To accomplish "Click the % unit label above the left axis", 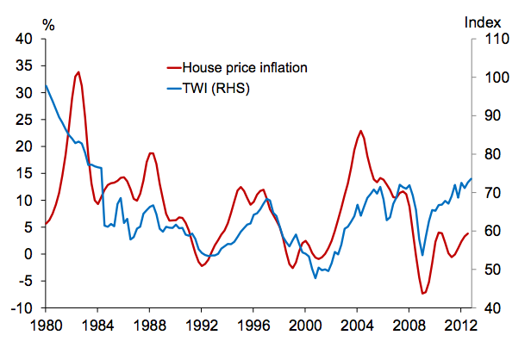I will pos(48,24).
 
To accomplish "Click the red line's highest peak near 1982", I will pos(78,72).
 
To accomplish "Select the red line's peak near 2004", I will pos(361,131).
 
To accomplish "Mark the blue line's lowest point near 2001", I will pos(315,278).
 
